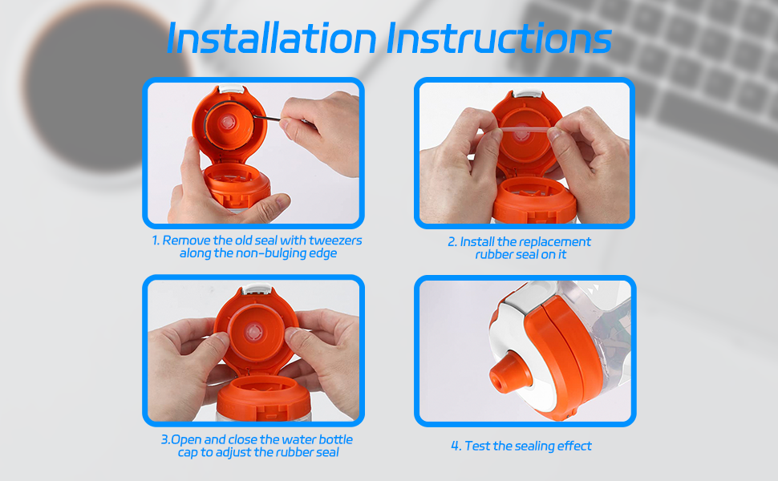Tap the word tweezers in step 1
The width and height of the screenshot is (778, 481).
click(330, 240)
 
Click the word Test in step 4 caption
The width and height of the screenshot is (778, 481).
click(479, 446)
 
